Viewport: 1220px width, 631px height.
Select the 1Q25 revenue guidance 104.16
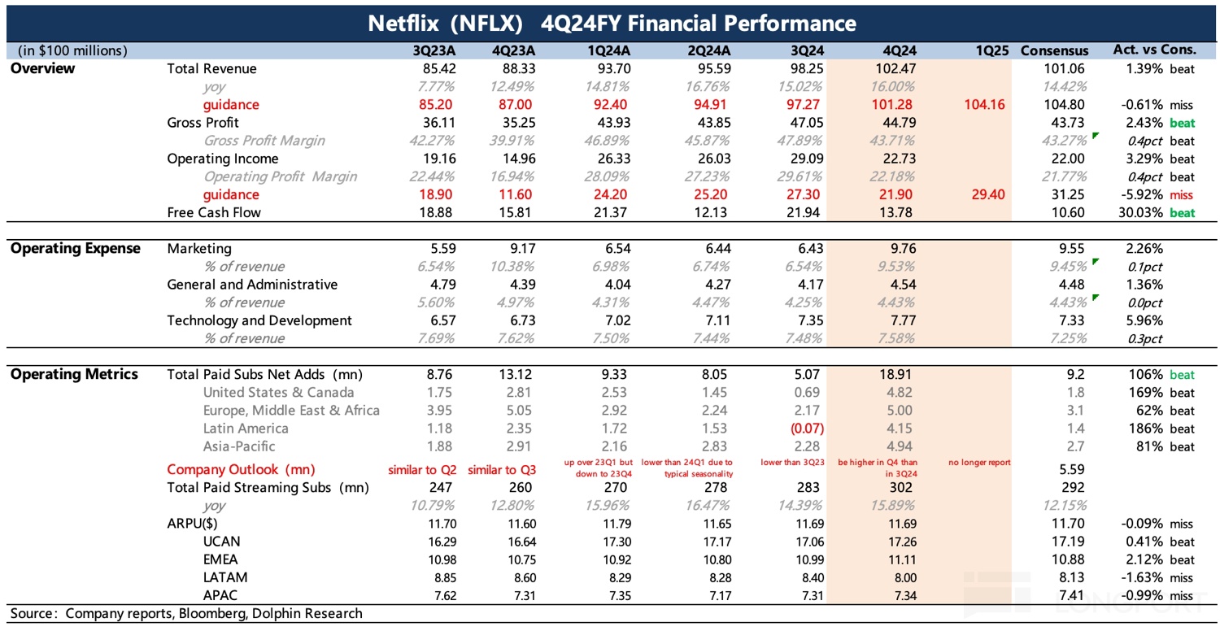tap(983, 105)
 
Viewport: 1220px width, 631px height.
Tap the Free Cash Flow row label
tap(213, 212)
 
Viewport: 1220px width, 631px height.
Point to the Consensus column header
tap(1054, 50)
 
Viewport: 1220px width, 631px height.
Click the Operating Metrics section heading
tap(74, 375)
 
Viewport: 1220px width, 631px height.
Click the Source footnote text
tap(186, 613)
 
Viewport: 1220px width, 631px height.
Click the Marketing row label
tap(199, 249)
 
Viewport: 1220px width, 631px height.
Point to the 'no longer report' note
tap(979, 463)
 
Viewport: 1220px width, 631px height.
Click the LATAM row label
tap(225, 577)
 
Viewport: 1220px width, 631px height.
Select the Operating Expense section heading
tap(76, 249)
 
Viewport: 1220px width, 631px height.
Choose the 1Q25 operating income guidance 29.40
tap(983, 194)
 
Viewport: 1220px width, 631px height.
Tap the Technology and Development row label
tap(259, 320)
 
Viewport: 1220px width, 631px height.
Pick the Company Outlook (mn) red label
tap(241, 469)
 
